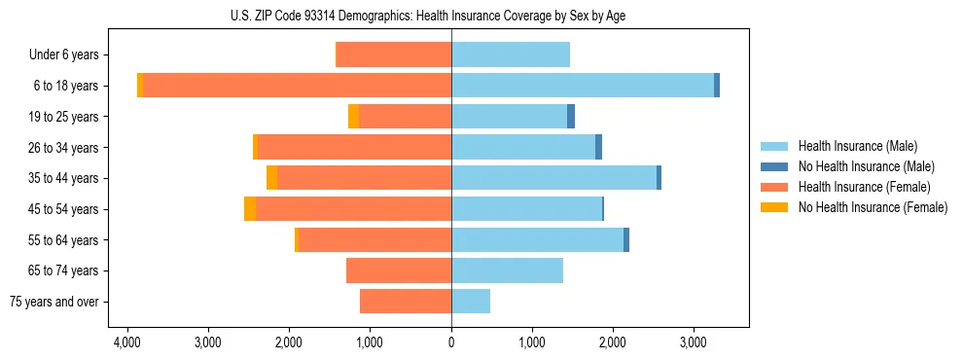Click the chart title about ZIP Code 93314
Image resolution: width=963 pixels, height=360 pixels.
coord(451,16)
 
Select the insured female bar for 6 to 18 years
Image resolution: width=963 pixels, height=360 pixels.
coord(297,86)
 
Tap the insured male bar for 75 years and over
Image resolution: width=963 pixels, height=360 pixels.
coord(471,302)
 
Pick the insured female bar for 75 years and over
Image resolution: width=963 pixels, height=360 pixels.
coord(406,302)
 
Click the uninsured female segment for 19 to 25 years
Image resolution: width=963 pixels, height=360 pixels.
coord(353,117)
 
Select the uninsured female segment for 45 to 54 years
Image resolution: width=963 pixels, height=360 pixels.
coord(250,209)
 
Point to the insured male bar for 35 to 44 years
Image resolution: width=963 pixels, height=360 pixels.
coord(553,178)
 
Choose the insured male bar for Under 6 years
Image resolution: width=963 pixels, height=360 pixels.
coord(511,54)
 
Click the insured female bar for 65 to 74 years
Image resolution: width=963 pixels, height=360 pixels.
coord(399,270)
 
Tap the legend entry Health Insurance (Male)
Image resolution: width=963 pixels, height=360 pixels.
coord(857,146)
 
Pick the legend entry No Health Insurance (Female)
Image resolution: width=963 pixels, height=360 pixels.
coord(873,207)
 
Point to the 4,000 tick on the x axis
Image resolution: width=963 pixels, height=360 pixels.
coord(127,343)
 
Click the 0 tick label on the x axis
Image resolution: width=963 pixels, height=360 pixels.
coord(451,343)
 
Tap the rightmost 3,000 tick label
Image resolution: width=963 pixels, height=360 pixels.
coord(693,343)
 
